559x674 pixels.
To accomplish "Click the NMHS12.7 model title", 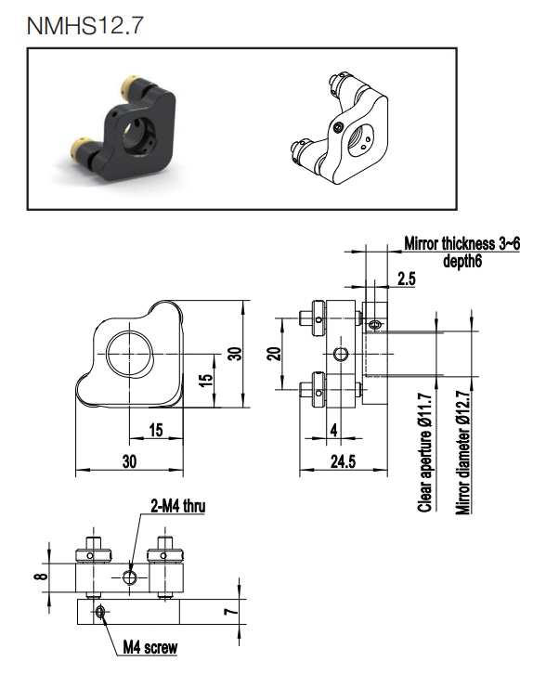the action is [84, 25].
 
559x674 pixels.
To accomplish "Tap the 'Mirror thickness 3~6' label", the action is [461, 244].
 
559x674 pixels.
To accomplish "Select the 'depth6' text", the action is [462, 261].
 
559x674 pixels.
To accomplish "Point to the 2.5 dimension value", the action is [407, 279].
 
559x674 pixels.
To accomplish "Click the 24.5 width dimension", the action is [343, 461].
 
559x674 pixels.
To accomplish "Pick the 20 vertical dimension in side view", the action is [274, 354].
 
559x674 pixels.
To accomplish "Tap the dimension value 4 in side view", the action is [334, 430].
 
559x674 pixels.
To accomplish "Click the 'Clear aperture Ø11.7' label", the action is [425, 453].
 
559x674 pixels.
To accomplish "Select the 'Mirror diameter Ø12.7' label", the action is [462, 452].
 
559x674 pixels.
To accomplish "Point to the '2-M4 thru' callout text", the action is [177, 506].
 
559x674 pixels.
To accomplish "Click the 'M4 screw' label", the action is [150, 647].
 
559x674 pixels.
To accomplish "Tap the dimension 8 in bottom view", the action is [41, 576].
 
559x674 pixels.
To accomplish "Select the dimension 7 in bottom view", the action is [232, 611].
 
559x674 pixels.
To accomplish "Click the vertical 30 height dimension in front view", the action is [235, 354].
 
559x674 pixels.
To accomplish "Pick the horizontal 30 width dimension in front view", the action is [129, 461].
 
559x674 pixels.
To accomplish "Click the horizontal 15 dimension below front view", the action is [156, 430].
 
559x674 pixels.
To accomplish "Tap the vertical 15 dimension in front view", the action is [206, 380].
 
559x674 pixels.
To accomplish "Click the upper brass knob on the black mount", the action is [129, 85].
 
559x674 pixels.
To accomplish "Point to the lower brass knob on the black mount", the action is [79, 147].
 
